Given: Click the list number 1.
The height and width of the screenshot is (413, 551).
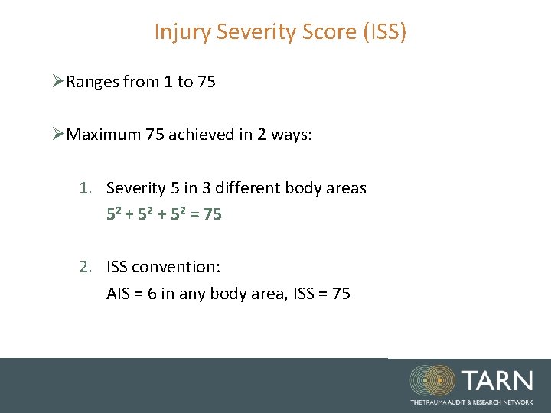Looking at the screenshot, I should point(86,188).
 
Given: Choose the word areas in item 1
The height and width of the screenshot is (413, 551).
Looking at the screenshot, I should point(346,188).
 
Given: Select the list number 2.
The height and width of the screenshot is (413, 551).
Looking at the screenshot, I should point(86,267).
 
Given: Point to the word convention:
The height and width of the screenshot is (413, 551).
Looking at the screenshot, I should point(176,267).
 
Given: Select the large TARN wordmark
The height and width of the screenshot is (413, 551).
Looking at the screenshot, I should point(496,380).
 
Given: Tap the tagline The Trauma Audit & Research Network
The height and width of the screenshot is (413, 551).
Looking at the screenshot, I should point(471,402).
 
